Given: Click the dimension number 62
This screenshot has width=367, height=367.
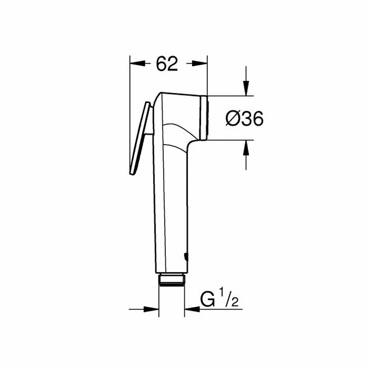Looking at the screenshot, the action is (167, 63).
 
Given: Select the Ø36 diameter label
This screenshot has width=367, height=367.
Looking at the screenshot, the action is (244, 118).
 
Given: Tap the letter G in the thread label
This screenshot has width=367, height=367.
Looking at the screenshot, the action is (208, 299).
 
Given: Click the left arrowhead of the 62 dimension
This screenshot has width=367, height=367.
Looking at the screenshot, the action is (138, 63).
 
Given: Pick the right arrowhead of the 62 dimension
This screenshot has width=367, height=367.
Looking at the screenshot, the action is (200, 63).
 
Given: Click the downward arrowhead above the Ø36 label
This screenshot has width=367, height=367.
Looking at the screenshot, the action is (246, 88).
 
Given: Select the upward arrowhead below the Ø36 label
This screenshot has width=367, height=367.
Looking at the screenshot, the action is (246, 148).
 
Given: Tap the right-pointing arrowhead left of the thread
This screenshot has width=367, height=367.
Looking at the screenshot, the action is (151, 309).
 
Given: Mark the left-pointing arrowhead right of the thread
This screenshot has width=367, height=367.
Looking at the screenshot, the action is (192, 309).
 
